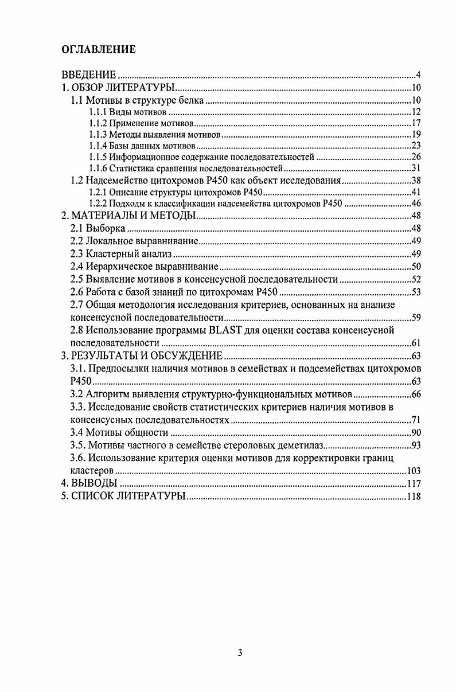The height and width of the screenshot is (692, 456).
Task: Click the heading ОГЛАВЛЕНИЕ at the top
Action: pyautogui.click(x=99, y=49)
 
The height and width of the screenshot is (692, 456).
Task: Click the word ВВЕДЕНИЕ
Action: pyautogui.click(x=89, y=75)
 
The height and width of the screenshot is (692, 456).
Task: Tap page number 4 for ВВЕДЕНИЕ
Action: pyautogui.click(x=419, y=75)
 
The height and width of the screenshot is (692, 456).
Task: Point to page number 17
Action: pyautogui.click(x=416, y=123)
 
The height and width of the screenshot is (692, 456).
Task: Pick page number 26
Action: pyautogui.click(x=416, y=157)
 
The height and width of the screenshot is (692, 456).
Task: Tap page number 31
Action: pyautogui.click(x=416, y=169)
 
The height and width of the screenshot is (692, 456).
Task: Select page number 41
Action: pyautogui.click(x=416, y=192)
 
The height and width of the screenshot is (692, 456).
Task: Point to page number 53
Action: pyautogui.click(x=416, y=292)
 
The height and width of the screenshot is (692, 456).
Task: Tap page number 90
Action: pyautogui.click(x=416, y=433)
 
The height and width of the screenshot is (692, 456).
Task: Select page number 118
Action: pyautogui.click(x=414, y=496)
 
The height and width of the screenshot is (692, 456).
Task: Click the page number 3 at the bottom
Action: pyautogui.click(x=241, y=653)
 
